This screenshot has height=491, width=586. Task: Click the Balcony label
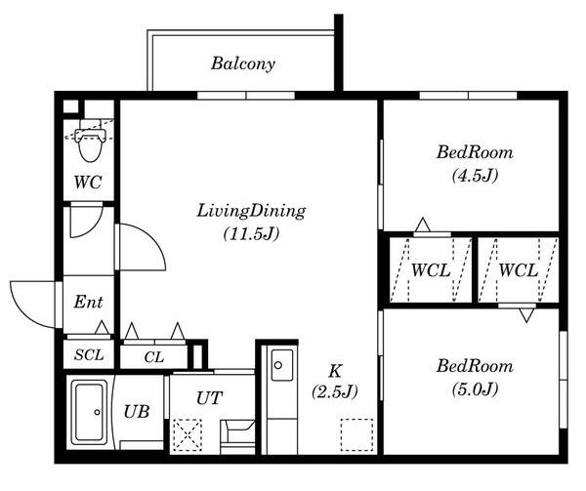(x=243, y=63)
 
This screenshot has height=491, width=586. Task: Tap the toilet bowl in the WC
(x=90, y=145)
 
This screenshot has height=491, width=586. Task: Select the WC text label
(x=88, y=183)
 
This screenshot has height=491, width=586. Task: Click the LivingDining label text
(x=251, y=212)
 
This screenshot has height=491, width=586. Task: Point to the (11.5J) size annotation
(x=251, y=234)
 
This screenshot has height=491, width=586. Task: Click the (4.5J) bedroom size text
(x=475, y=176)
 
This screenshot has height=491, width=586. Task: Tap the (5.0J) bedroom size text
(x=475, y=389)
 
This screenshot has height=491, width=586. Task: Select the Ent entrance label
(x=88, y=302)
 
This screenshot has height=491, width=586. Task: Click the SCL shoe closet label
(x=89, y=354)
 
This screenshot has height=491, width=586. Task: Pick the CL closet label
(x=154, y=357)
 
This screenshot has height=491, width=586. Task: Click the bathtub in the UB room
(x=89, y=412)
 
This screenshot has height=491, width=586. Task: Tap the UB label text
(x=137, y=412)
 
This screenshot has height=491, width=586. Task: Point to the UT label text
(x=209, y=398)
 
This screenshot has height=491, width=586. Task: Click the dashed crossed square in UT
(x=188, y=435)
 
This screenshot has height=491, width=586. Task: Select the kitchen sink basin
(x=282, y=365)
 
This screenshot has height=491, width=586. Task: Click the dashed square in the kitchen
(x=356, y=435)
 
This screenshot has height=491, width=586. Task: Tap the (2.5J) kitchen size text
(x=335, y=392)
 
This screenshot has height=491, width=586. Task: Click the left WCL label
(x=431, y=270)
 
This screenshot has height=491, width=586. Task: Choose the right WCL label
(x=518, y=270)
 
